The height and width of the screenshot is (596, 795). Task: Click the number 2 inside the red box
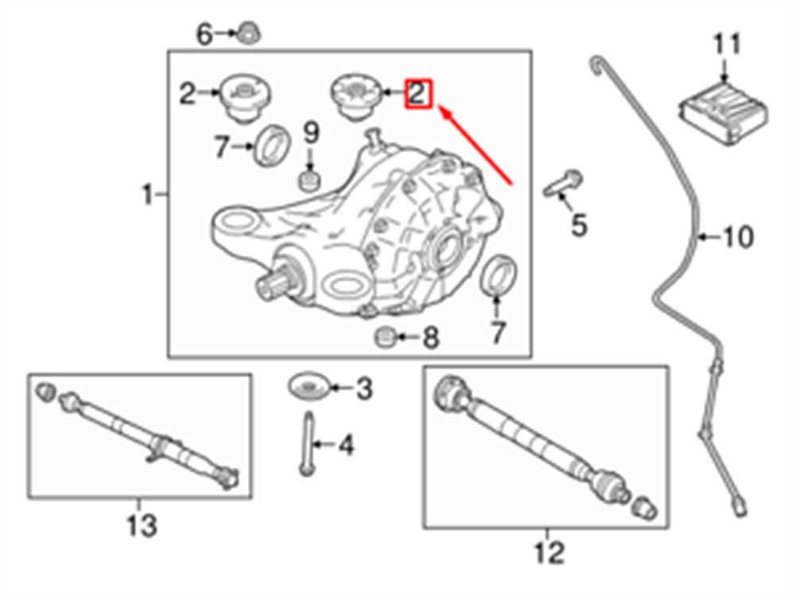[x=417, y=94]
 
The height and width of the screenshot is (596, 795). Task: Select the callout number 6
[x=204, y=34]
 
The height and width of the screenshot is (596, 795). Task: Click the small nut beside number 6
[x=249, y=33]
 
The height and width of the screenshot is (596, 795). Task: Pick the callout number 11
[x=727, y=44]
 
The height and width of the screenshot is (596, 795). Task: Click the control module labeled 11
[x=723, y=114]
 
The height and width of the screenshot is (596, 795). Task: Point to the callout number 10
[x=737, y=237]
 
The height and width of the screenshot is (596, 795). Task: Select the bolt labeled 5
[x=563, y=184]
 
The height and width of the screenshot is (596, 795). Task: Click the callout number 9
[x=312, y=132]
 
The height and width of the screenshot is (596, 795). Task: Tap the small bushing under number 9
[x=308, y=181]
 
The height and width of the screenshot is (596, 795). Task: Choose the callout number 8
[x=430, y=338]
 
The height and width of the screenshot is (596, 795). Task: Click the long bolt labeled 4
[x=307, y=443]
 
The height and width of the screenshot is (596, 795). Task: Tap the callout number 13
[x=142, y=526]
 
